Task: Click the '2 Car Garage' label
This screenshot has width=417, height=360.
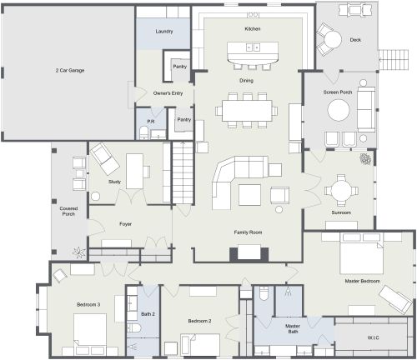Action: click(69, 70)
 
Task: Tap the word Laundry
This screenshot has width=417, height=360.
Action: click(164, 32)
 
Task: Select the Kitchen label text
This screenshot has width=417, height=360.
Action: click(253, 29)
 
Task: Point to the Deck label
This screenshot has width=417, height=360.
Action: click(354, 39)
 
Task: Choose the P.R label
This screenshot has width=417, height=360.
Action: click(150, 122)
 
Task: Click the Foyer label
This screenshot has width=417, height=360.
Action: click(125, 224)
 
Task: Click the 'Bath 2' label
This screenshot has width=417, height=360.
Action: click(148, 314)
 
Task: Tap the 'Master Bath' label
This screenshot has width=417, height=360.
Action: click(292, 328)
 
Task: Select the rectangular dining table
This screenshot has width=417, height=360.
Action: click(246, 109)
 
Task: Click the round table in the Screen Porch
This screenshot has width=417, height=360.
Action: click(339, 110)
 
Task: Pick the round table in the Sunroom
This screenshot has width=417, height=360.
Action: click(340, 191)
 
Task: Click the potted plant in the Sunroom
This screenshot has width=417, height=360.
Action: click(364, 159)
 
